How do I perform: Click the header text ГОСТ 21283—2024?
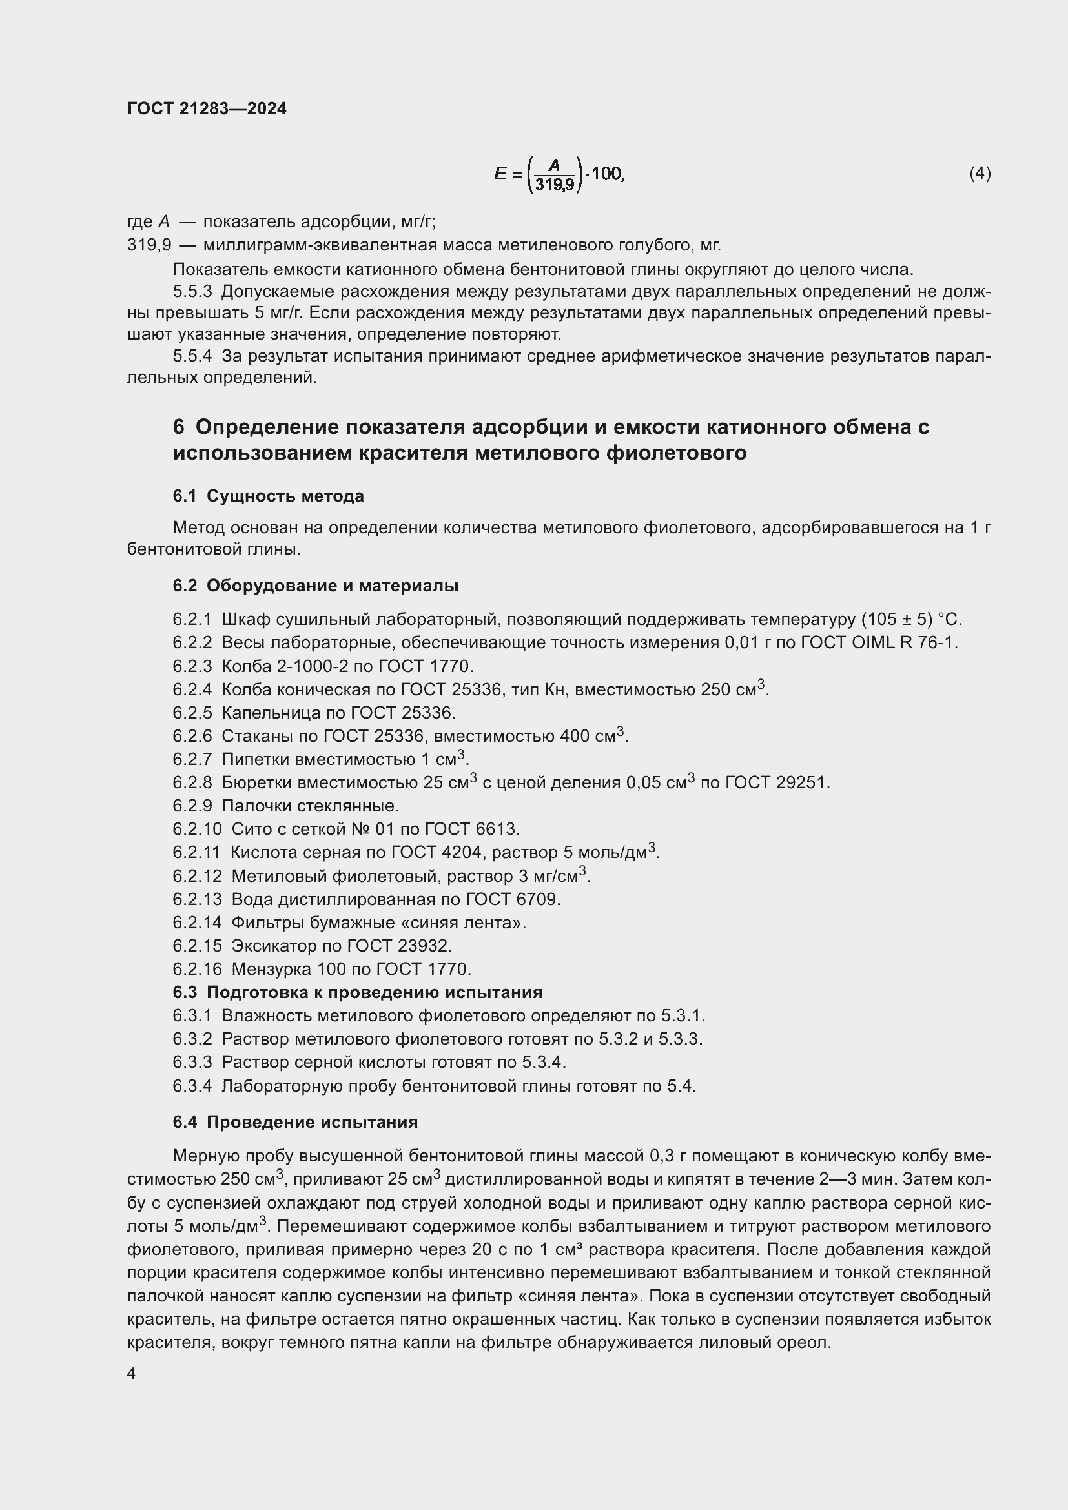[207, 108]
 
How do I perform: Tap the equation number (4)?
[980, 173]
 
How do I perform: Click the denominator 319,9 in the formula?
[554, 185]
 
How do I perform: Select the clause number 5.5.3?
[192, 291]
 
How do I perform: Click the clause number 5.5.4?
[192, 356]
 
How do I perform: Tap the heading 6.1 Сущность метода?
[269, 496]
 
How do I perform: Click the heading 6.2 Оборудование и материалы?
[316, 586]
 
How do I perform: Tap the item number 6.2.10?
[198, 829]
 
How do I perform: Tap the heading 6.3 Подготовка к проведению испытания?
[358, 992]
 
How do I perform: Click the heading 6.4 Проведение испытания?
[295, 1121]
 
